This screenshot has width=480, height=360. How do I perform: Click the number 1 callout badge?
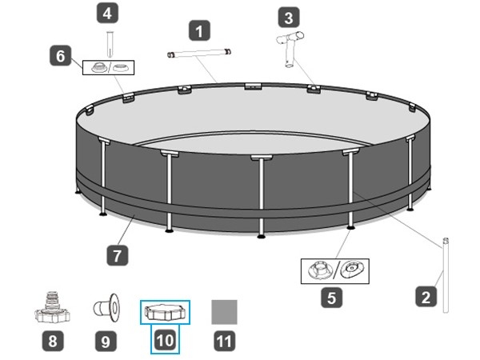pyautogui.click(x=199, y=30)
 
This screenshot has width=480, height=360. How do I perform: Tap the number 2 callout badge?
pyautogui.click(x=426, y=296)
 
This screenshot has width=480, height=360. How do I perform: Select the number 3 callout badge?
pyautogui.click(x=289, y=18)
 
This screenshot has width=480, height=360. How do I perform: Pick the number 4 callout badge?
pyautogui.click(x=107, y=13)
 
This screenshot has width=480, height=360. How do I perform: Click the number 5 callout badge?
pyautogui.click(x=331, y=298)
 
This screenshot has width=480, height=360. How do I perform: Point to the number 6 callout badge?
pyautogui.click(x=61, y=55)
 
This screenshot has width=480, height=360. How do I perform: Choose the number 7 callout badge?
pyautogui.click(x=118, y=255)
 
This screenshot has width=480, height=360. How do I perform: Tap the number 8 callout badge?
pyautogui.click(x=53, y=341)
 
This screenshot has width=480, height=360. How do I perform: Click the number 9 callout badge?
pyautogui.click(x=106, y=341)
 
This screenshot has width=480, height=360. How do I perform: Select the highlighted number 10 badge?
pyautogui.click(x=166, y=340)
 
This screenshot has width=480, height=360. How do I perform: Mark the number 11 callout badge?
pyautogui.click(x=224, y=341)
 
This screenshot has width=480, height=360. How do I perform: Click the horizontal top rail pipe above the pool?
pyautogui.click(x=199, y=53)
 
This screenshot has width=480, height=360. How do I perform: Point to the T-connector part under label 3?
pyautogui.click(x=290, y=49)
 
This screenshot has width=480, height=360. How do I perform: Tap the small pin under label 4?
pyautogui.click(x=110, y=44)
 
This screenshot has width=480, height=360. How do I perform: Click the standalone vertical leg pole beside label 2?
pyautogui.click(x=446, y=275)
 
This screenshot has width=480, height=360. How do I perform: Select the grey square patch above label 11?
pyautogui.click(x=224, y=312)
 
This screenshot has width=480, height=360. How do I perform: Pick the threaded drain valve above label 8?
pyautogui.click(x=52, y=307)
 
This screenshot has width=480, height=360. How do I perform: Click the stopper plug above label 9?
pyautogui.click(x=106, y=308)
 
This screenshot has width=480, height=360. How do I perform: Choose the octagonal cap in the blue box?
pyautogui.click(x=165, y=312)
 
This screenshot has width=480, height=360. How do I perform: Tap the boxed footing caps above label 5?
pyautogui.click(x=335, y=271)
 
